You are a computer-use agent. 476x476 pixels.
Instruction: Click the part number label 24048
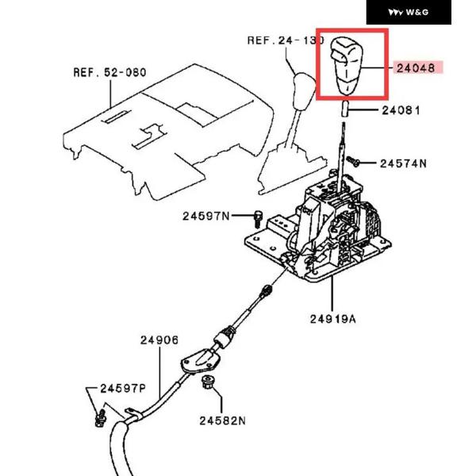click(415, 68)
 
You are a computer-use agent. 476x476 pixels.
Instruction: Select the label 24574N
click(403, 163)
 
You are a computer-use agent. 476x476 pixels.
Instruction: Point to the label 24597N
click(205, 216)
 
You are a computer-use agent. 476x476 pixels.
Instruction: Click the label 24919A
click(332, 320)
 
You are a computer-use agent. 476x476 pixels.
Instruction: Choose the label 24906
click(159, 340)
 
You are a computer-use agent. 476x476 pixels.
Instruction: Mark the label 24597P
click(123, 389)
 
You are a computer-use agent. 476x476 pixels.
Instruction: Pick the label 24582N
click(224, 420)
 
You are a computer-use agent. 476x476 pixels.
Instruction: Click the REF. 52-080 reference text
click(109, 71)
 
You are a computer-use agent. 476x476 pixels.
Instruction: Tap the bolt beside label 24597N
click(259, 216)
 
